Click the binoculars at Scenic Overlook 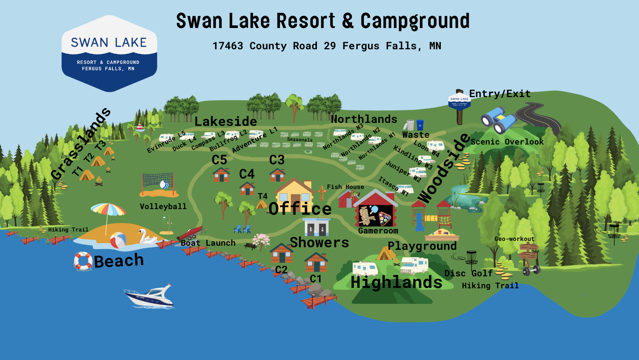coord(498,120)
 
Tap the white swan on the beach coord(147,238)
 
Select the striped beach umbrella coord(108,210)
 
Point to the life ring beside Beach coord(83,261)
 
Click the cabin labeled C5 coord(221,175)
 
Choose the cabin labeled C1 coord(316,262)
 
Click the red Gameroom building coord(375,209)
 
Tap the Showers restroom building coord(316,227)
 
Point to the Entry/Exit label coord(499,93)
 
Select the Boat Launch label coord(208,243)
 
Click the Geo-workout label coord(514,239)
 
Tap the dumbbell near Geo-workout coord(532,270)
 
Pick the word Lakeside coord(225,121)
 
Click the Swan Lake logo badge coord(109,53)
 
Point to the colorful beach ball coord(118,240)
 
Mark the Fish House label coord(345,187)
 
